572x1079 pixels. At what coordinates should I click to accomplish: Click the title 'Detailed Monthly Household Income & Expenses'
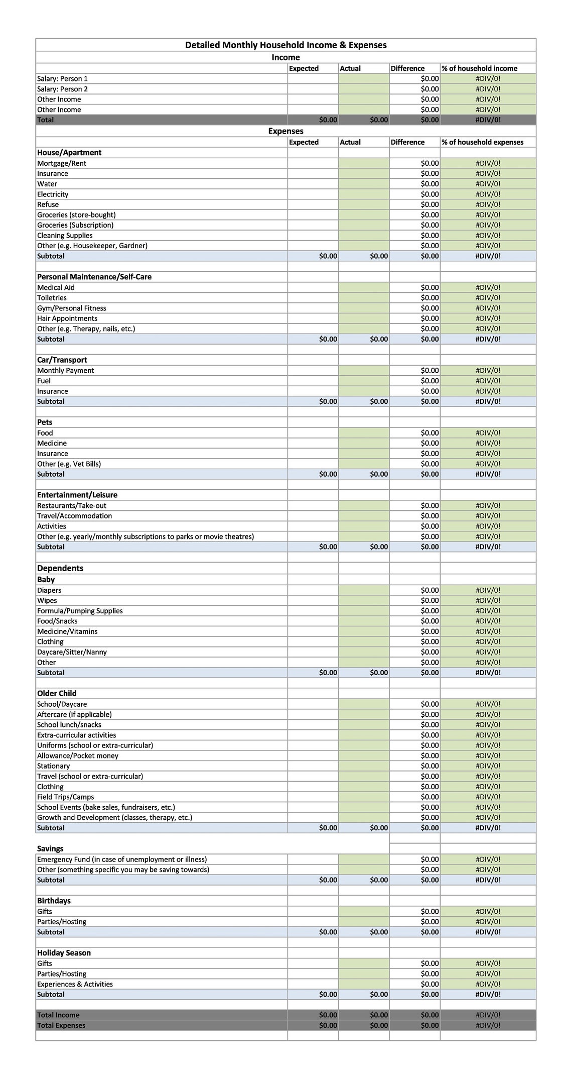(x=285, y=45)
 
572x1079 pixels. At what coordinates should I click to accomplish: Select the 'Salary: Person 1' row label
(x=62, y=79)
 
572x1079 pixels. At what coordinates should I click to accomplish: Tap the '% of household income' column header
(x=479, y=68)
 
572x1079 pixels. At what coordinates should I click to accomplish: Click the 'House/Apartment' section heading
(x=69, y=153)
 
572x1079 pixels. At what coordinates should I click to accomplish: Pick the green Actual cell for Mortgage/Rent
(x=363, y=163)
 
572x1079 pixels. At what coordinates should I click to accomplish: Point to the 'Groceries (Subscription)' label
(x=75, y=225)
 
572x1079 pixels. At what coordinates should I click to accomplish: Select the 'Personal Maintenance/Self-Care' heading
(x=94, y=277)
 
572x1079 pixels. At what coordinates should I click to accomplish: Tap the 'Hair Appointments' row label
(x=67, y=318)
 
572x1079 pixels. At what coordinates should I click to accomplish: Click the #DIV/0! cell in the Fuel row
(x=488, y=381)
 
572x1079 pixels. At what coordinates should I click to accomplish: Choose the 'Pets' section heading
(x=45, y=422)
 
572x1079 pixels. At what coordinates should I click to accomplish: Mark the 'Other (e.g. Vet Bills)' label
(x=69, y=464)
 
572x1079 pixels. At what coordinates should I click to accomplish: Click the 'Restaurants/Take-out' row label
(x=72, y=506)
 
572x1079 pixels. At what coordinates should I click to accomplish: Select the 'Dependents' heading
(x=60, y=568)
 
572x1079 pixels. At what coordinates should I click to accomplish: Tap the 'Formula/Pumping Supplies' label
(x=80, y=611)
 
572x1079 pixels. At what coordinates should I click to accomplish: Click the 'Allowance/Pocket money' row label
(x=78, y=756)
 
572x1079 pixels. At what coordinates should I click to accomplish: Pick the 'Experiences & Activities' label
(x=75, y=984)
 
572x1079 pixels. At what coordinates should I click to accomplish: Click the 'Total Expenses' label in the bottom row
(x=61, y=1025)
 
